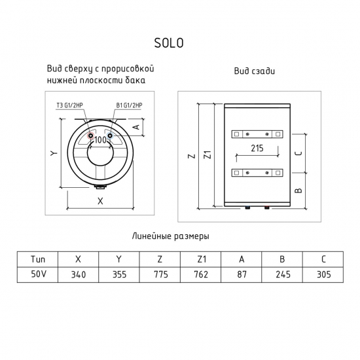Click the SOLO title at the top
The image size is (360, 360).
click(x=169, y=44)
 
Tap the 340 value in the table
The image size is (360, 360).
click(x=79, y=274)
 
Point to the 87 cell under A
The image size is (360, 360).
click(x=242, y=274)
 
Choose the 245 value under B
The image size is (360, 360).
click(x=282, y=274)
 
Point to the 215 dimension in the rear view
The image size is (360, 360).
click(x=257, y=149)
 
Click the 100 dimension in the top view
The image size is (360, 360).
click(x=101, y=140)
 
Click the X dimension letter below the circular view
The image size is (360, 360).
click(x=100, y=201)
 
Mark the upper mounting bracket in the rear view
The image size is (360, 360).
click(x=256, y=134)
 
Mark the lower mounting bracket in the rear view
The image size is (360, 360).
click(x=256, y=173)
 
